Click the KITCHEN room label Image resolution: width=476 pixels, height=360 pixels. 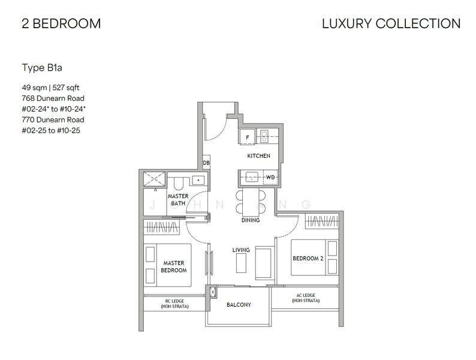(258, 156)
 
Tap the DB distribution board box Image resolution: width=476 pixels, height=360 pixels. (206, 163)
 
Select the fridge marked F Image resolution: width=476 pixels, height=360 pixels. (248, 136)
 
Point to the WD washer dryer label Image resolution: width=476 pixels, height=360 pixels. (270, 177)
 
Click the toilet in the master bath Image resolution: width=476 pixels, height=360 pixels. (178, 184)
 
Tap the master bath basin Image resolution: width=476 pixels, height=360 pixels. (198, 181)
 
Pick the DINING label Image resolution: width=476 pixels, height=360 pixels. (251, 220)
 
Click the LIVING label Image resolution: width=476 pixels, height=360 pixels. (241, 250)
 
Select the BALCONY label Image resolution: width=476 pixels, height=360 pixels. (239, 304)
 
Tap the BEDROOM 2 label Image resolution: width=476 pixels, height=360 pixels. (308, 258)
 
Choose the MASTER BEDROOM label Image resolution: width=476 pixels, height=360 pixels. (174, 266)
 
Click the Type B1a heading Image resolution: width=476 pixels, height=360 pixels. (42, 68)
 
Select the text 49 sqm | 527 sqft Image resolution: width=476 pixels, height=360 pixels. (50, 88)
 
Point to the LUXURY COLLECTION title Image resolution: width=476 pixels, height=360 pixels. (391, 23)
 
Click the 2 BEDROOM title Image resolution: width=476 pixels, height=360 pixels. (61, 23)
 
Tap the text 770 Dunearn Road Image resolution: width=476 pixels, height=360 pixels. (53, 119)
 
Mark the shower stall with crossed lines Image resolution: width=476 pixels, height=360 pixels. (154, 179)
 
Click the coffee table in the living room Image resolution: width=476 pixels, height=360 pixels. (241, 263)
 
